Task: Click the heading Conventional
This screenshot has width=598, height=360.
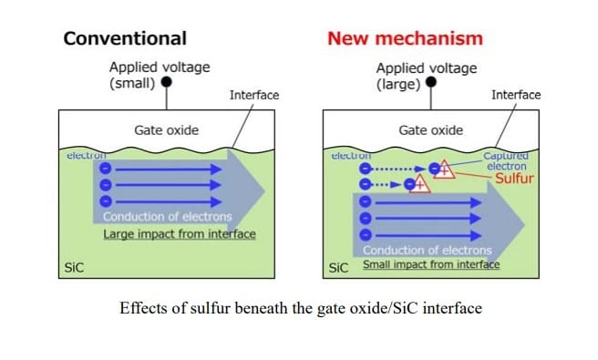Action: click(x=124, y=38)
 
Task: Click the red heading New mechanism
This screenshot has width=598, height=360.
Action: click(x=405, y=38)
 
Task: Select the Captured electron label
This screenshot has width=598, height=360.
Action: click(x=506, y=162)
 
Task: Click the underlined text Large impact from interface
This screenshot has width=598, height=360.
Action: click(x=179, y=234)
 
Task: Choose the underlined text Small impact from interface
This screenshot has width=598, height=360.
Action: click(x=431, y=265)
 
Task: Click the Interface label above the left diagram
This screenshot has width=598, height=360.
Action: click(x=254, y=95)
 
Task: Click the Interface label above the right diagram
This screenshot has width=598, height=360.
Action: click(x=516, y=95)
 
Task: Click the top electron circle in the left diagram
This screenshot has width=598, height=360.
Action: click(x=105, y=169)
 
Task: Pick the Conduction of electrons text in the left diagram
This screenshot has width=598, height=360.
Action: click(x=167, y=217)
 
